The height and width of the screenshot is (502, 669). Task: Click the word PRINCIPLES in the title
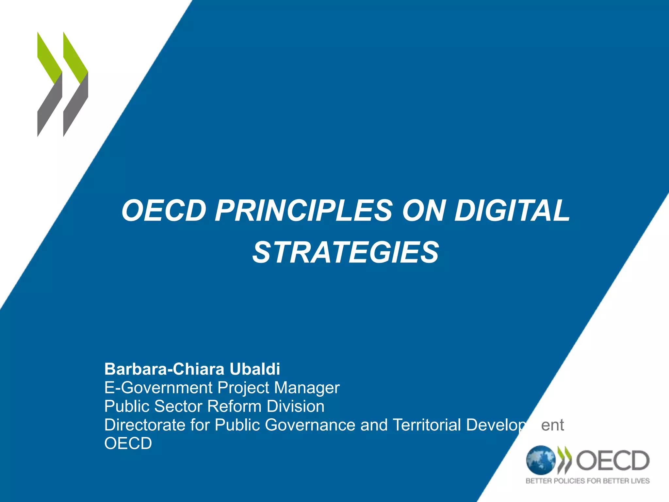303,211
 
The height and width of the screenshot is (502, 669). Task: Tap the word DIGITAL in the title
512,211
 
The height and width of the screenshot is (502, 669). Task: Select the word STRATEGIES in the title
346,252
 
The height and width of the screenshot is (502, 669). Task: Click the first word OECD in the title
164,211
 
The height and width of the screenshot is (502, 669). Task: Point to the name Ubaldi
254,369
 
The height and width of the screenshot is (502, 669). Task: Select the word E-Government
158,388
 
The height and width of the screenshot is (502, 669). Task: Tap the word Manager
307,388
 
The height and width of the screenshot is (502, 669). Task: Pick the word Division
295,406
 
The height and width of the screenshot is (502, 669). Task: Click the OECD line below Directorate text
128,443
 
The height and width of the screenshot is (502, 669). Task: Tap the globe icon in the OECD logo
540,460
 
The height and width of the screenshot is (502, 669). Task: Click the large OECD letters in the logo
612,460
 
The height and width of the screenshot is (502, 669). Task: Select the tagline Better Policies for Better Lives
587,481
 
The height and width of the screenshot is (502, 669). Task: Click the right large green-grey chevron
75,84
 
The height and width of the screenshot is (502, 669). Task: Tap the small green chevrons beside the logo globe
565,460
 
